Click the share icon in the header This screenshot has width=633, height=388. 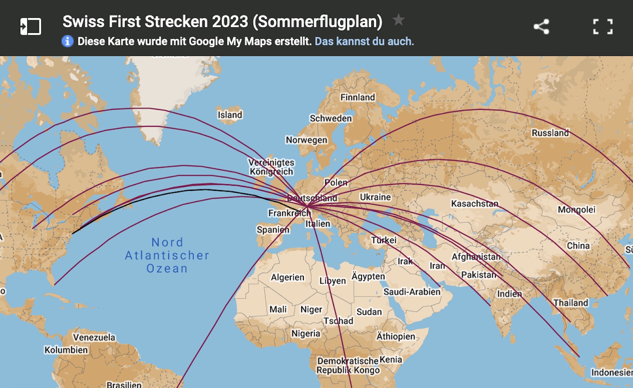pyautogui.click(x=541, y=27)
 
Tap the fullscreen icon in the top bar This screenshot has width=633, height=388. pyautogui.click(x=603, y=27)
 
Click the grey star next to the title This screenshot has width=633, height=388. pyautogui.click(x=398, y=19)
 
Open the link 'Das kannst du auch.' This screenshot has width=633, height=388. pyautogui.click(x=364, y=41)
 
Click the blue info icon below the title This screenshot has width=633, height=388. pyautogui.click(x=68, y=41)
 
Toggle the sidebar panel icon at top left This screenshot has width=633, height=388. pyautogui.click(x=30, y=27)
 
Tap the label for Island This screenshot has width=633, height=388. pyautogui.click(x=230, y=115)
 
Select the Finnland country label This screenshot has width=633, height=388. pyautogui.click(x=357, y=97)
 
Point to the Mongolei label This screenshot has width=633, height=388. pyautogui.click(x=576, y=209)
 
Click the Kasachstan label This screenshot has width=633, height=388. pyautogui.click(x=474, y=204)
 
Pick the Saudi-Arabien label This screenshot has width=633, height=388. pyautogui.click(x=412, y=292)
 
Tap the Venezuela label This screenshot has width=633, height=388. pyautogui.click(x=94, y=337)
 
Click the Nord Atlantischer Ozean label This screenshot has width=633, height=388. pyautogui.click(x=167, y=255)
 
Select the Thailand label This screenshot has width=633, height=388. pyautogui.click(x=570, y=303)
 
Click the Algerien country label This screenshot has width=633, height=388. pyautogui.click(x=288, y=277)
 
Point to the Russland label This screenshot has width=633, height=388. pyautogui.click(x=550, y=133)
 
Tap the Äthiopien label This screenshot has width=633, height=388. pyautogui.click(x=396, y=336)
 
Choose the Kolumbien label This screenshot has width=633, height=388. pyautogui.click(x=66, y=350)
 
